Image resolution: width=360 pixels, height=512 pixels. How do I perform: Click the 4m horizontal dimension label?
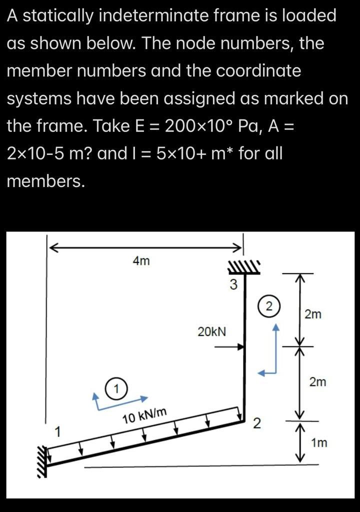(x=141, y=261)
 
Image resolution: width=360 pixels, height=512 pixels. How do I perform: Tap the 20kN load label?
(x=211, y=331)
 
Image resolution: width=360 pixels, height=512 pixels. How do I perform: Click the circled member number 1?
(x=116, y=388)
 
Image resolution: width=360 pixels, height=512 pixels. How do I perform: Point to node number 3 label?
(x=233, y=285)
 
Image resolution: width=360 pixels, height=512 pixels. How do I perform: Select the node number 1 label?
(x=58, y=431)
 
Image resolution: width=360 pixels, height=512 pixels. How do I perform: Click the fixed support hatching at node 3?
(x=244, y=267)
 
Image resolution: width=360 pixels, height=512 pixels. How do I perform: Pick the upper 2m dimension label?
(x=313, y=314)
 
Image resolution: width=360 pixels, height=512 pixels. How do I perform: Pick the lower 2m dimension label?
(x=317, y=382)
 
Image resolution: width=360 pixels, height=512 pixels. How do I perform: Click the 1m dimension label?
(x=318, y=442)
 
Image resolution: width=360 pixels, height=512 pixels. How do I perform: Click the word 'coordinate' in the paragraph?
(x=258, y=71)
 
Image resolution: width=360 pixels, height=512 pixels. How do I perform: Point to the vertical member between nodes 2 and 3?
(x=243, y=360)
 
